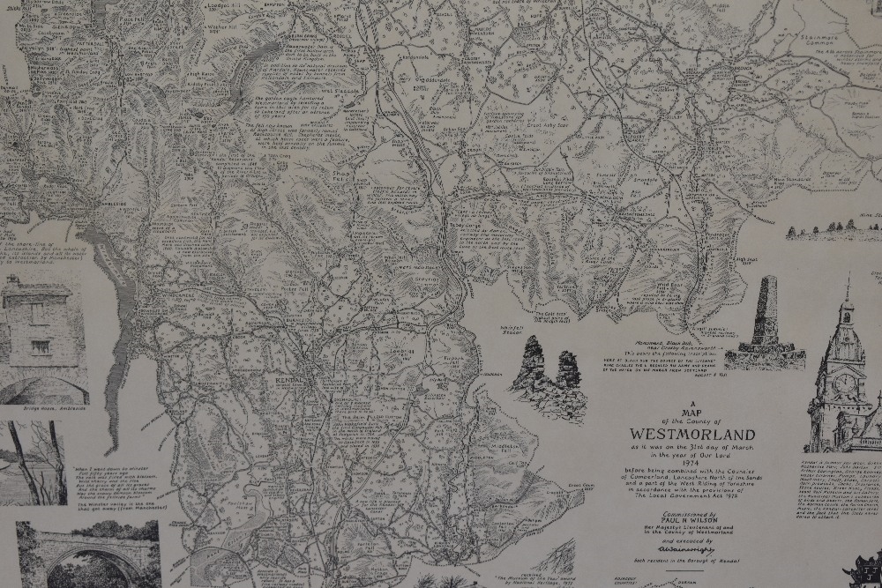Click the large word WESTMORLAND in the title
pyautogui.click(x=692, y=435)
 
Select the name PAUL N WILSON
pyautogui.click(x=691, y=520)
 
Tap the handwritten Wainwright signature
pyautogui.click(x=691, y=548)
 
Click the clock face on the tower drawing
pyautogui.click(x=844, y=383)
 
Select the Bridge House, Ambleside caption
pyautogui.click(x=42, y=410)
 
